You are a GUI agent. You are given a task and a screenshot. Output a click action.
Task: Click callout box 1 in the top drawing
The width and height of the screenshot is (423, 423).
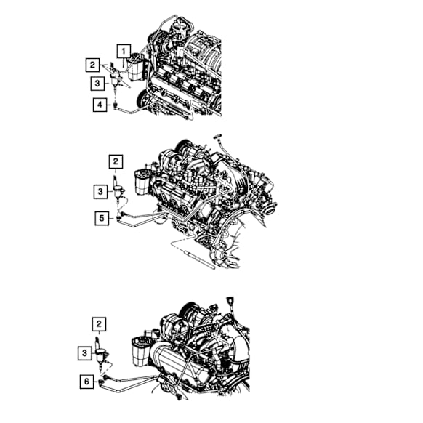point(124,52)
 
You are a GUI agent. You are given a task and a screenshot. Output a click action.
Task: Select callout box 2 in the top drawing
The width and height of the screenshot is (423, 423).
point(92,65)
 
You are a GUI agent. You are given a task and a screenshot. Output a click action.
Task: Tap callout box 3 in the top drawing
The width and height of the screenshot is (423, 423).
point(97,84)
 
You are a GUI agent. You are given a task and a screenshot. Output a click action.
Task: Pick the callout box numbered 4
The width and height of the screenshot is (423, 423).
point(100,105)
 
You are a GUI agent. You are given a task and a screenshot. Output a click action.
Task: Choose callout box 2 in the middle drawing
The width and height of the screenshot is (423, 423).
point(116,161)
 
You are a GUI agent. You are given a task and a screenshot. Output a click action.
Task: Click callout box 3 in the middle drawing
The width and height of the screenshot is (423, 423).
point(100,192)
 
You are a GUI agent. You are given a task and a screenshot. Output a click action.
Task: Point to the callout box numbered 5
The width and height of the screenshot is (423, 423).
point(102,218)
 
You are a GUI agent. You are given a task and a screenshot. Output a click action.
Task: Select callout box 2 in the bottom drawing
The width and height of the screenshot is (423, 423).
point(99,324)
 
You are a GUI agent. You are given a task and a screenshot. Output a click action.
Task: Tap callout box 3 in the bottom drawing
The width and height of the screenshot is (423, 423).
point(85,353)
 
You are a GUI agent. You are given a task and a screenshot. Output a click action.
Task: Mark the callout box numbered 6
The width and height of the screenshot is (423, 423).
point(87,382)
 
